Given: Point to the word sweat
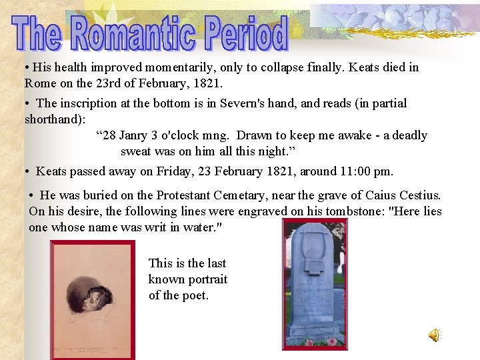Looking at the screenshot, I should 137,151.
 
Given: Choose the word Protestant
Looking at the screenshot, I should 189,195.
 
